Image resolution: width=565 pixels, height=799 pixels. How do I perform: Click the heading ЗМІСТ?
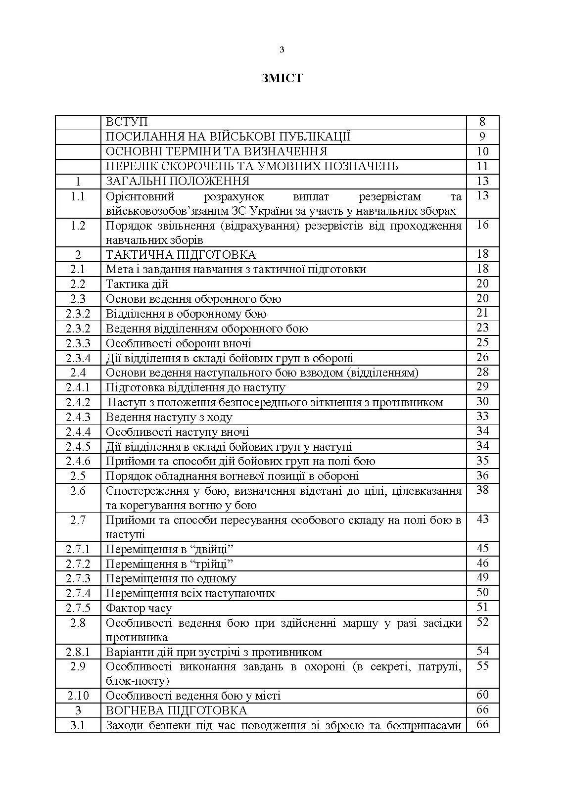point(282,78)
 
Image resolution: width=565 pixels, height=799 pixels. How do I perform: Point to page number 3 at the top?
point(282,49)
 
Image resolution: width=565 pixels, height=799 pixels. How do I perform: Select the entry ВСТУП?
point(127,122)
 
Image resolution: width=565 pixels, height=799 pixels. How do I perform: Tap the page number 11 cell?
point(482,166)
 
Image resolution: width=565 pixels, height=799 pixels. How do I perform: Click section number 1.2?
point(78,226)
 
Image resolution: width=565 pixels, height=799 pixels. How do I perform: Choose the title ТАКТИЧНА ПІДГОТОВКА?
point(181,255)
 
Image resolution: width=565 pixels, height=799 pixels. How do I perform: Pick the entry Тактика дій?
point(137,284)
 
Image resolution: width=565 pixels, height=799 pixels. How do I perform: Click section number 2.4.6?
point(78,461)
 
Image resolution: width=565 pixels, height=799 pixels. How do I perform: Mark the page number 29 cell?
point(482,387)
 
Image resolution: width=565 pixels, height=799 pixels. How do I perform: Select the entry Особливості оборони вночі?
point(179,343)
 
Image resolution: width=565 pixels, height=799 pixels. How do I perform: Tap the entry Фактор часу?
point(139,608)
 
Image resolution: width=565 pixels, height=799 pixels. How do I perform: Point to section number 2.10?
point(78,696)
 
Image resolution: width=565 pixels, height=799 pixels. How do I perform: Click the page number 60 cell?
point(482,695)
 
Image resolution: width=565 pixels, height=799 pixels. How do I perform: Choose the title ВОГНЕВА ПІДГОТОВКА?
point(176,710)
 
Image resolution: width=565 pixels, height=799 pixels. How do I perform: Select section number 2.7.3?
point(78,578)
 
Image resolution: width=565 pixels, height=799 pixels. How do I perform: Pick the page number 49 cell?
point(482,578)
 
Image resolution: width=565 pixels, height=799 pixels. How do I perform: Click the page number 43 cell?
point(482,519)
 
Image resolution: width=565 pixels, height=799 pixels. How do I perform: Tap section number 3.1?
point(78,725)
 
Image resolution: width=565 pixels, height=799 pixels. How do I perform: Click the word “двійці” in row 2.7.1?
point(210,549)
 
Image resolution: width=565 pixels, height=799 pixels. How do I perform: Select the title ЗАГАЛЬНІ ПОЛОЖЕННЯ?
point(178,181)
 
